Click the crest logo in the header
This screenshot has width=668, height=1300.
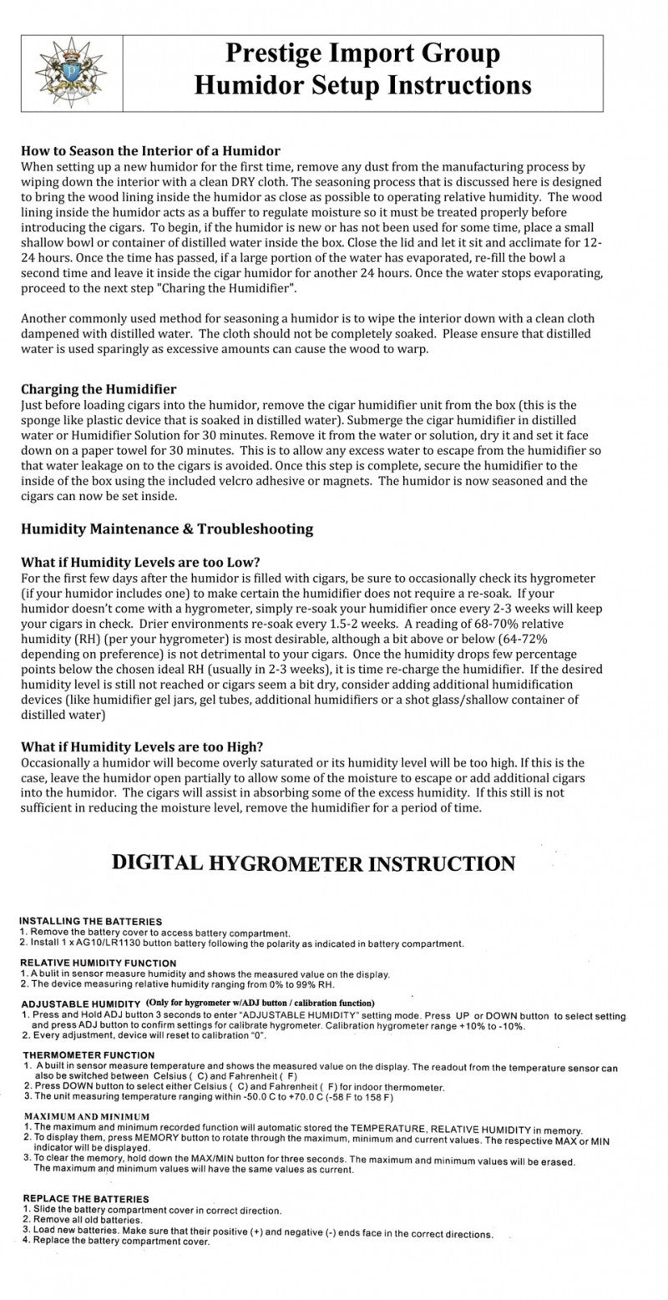point(71,73)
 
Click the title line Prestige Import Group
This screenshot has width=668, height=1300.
point(362,54)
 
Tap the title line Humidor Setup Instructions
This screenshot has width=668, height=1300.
point(362,86)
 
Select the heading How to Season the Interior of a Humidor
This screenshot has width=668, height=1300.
point(150,151)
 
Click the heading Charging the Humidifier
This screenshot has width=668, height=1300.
point(99,389)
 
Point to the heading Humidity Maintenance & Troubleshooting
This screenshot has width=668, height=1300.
point(167,529)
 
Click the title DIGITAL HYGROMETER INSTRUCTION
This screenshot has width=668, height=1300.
point(313,863)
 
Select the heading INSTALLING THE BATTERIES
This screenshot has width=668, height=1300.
point(91,922)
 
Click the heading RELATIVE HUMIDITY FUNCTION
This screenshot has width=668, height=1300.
point(99,963)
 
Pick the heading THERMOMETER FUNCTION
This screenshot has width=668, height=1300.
point(89,1055)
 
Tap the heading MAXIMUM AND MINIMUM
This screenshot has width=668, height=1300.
point(86,1116)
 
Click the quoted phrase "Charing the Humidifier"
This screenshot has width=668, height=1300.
point(222,288)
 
